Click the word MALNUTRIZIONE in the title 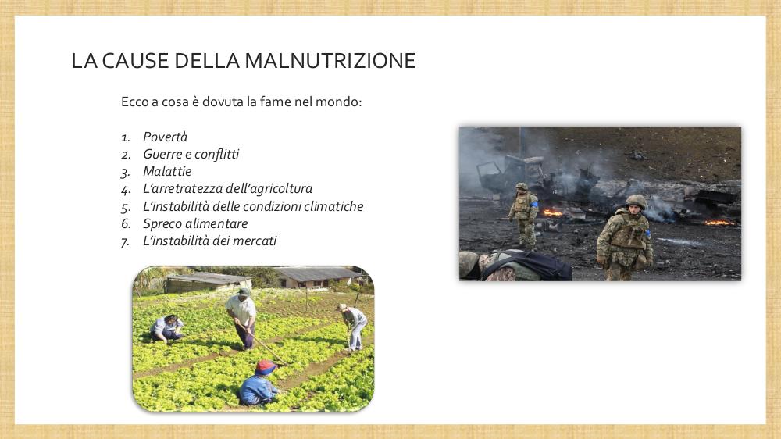pyautogui.click(x=330, y=61)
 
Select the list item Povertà pyautogui.click(x=165, y=137)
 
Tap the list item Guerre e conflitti pyautogui.click(x=191, y=154)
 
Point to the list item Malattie pyautogui.click(x=167, y=171)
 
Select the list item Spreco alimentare pyautogui.click(x=195, y=223)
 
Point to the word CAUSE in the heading pyautogui.click(x=135, y=61)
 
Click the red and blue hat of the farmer pyautogui.click(x=266, y=368)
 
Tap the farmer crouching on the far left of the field pyautogui.click(x=167, y=328)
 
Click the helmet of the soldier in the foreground pyautogui.click(x=636, y=202)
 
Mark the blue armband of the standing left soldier pyautogui.click(x=534, y=203)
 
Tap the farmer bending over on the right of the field pyautogui.click(x=353, y=327)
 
